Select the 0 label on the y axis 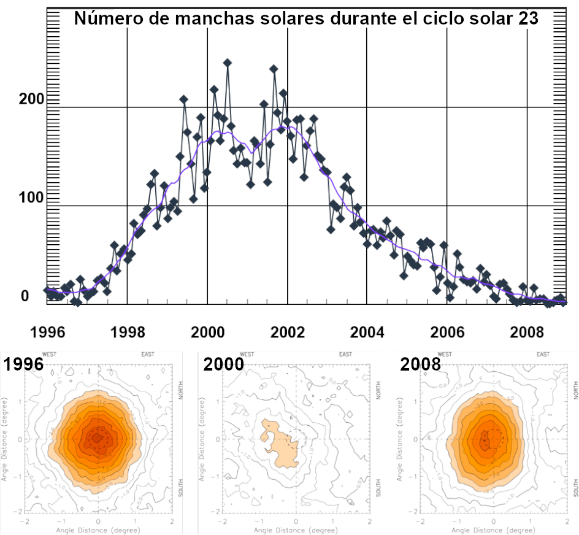click(x=25, y=296)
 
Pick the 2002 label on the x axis click(x=287, y=333)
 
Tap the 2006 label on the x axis click(x=447, y=333)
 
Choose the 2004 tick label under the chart click(x=367, y=333)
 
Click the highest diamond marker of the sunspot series click(x=228, y=63)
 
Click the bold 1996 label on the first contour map click(x=24, y=364)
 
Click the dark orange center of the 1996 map click(x=97, y=437)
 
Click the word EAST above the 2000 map click(x=346, y=354)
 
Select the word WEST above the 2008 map click(x=444, y=354)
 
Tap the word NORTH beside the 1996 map click(x=181, y=390)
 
